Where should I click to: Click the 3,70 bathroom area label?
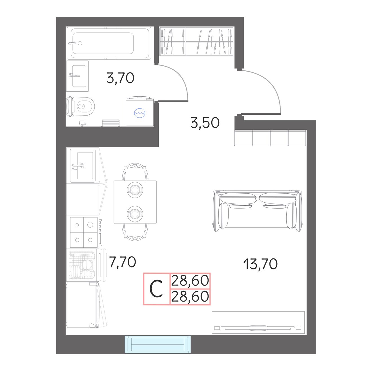pos(120,78)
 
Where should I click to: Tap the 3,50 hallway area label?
pos(205,123)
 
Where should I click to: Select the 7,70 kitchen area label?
pos(122,262)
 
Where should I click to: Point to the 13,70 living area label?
pos(260,264)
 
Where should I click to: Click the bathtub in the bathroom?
pos(108,43)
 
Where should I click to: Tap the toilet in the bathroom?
pos(80,106)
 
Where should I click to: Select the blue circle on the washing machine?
pos(139,113)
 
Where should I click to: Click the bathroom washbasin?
pos(77,76)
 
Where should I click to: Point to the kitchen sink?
pos(83,165)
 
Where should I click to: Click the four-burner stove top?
pos(84,232)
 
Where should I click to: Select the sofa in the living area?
pos(258,211)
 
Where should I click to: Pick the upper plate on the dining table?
pos(135,190)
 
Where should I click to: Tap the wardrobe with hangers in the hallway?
pos(196,41)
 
